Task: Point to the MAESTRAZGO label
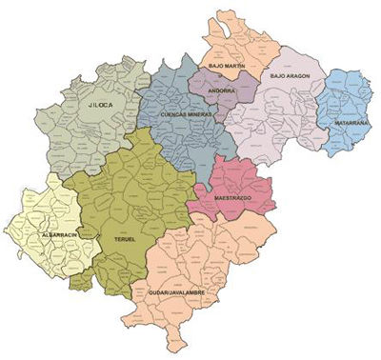pyautogui.click(x=232, y=198)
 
